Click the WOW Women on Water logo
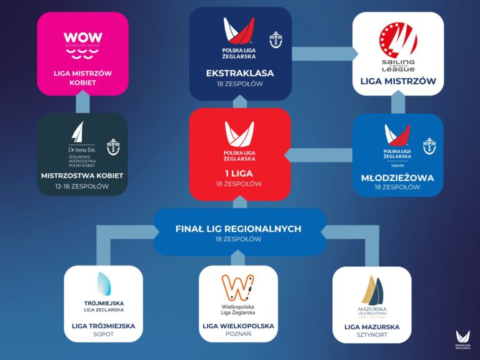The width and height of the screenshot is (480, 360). (82, 42)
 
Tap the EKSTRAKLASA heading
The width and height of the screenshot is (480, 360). (240, 73)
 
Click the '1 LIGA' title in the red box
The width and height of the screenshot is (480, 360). (240, 174)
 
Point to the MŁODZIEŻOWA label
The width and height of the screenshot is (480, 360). (397, 177)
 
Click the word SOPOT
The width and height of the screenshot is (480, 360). (103, 335)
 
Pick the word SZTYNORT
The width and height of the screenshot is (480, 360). (371, 336)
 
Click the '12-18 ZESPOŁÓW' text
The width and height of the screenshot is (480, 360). (82, 186)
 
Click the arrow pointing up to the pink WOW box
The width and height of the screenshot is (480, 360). (82, 102)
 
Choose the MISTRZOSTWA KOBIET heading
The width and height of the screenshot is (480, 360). (82, 176)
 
